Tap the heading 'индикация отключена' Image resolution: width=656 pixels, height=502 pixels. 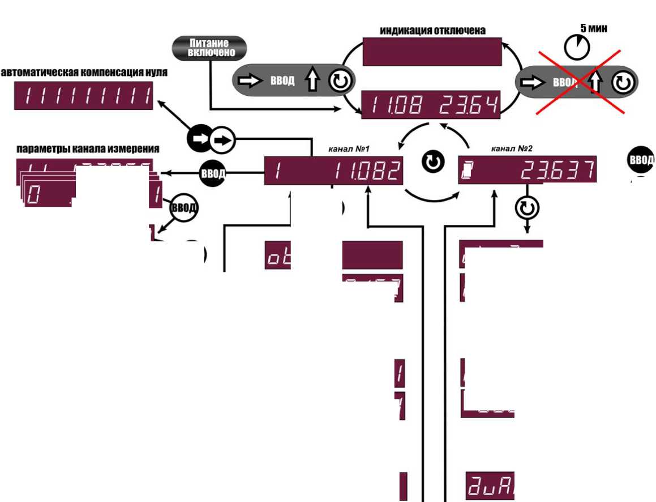(x=432, y=30)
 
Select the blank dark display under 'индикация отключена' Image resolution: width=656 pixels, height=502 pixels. (x=432, y=52)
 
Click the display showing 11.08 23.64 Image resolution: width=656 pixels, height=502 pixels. (x=432, y=104)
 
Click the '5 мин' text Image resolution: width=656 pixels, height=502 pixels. (x=594, y=28)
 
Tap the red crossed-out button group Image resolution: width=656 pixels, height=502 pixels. (x=577, y=83)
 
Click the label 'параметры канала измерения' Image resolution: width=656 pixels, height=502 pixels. (x=87, y=149)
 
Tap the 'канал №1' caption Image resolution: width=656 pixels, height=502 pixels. (x=349, y=149)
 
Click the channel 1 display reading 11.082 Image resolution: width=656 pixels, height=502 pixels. (x=334, y=170)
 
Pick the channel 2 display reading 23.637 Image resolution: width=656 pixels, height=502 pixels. (x=527, y=169)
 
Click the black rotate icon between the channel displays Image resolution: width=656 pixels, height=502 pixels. (x=432, y=163)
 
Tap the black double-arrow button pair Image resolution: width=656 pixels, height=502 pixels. (x=211, y=139)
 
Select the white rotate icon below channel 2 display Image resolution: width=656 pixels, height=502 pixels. (x=527, y=209)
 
